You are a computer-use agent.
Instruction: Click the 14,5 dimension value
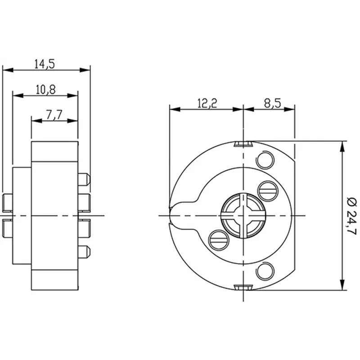coord(45,64)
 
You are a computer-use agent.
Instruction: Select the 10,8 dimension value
coord(46,90)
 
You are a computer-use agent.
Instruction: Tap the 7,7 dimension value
coord(54,115)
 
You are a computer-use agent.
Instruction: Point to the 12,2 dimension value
coord(207,103)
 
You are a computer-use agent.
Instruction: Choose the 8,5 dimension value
coord(273,103)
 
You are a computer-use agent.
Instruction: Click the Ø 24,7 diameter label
coord(351,216)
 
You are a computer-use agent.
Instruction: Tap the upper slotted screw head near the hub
coord(268,191)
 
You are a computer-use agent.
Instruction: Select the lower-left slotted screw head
coord(219,240)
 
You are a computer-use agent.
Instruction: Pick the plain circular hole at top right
coord(265,160)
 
